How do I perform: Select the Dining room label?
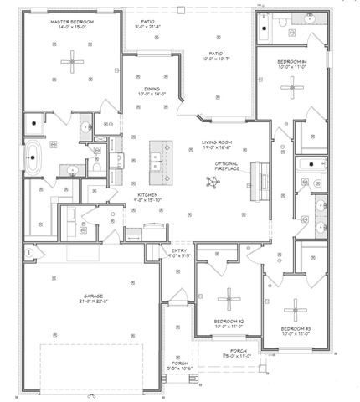152,90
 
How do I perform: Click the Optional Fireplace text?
228,166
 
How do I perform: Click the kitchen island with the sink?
160,161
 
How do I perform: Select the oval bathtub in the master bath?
33,158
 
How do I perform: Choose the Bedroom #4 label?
294,64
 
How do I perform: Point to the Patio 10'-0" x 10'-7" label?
214,55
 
